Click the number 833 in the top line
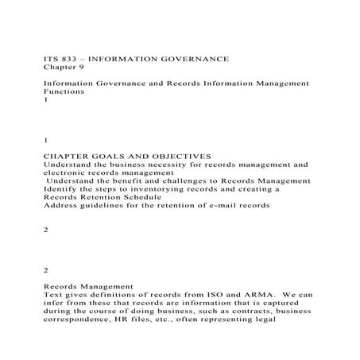[68, 59]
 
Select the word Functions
[61, 91]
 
